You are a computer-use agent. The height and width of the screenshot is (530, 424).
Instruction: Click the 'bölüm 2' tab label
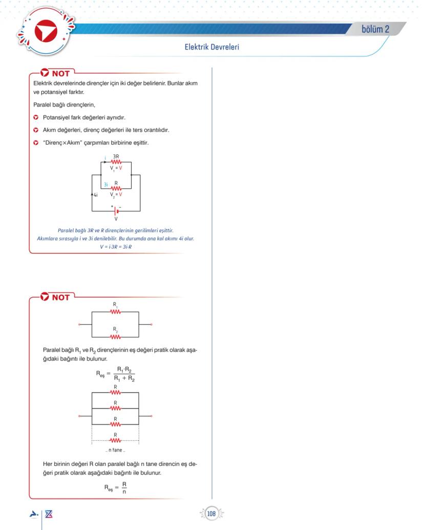point(375,29)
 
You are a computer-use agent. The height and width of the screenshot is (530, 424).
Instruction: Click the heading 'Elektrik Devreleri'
point(212,47)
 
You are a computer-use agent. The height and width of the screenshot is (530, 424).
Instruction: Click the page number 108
point(211,513)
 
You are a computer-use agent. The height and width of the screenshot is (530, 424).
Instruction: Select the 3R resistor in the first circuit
point(116,161)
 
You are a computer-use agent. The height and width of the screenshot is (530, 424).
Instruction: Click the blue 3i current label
point(105,184)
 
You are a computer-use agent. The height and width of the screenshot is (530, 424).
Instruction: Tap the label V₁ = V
point(116,168)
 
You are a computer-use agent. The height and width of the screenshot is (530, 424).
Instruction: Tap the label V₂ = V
point(116,194)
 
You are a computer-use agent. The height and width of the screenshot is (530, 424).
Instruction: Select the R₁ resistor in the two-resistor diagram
point(115,311)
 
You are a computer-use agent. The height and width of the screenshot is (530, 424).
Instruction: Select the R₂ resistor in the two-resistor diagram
point(115,337)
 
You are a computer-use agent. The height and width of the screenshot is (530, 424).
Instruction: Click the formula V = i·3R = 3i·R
point(116,247)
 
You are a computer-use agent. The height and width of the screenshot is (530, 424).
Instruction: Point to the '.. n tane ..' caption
point(115,450)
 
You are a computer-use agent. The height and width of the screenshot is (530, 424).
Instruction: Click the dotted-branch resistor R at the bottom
point(115,440)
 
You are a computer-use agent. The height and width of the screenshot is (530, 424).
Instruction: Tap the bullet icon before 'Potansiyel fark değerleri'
point(36,117)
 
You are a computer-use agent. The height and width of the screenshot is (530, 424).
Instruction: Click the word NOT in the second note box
point(60,297)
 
